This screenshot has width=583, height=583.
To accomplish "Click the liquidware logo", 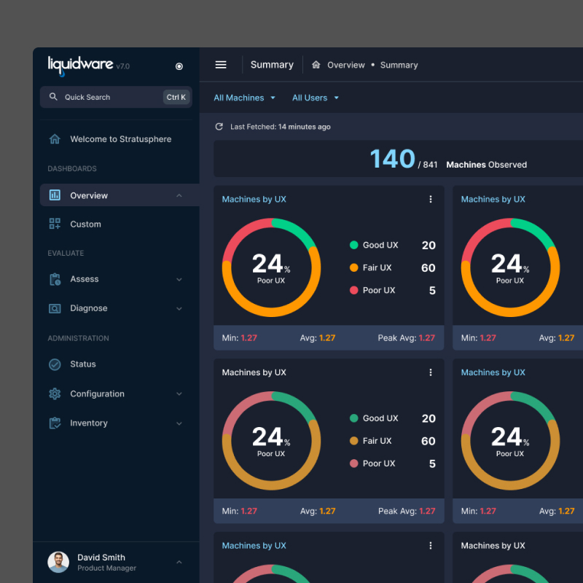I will coord(80,65).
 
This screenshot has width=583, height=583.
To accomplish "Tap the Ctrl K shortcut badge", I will coord(176,97).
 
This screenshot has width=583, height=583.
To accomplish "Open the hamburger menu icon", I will coord(221,65).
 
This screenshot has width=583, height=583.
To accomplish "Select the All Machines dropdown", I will coord(245,98).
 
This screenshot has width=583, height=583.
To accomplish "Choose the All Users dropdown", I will coord(315,98).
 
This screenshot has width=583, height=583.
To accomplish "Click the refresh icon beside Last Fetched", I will coord(219,127).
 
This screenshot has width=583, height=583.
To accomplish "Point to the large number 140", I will coord(392,159).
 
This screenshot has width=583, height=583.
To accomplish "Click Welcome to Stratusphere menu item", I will coord(120,139).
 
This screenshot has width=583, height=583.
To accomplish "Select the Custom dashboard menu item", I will coord(85,224).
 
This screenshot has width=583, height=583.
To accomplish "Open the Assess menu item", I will coord(85,279).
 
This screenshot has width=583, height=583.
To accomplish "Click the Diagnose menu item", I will coord(88,308).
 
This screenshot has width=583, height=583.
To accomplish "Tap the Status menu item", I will coord(83,364).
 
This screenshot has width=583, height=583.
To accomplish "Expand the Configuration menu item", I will coord(97,394).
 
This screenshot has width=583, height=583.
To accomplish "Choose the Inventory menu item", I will coord(88,423).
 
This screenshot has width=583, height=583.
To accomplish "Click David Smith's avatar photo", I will coord(58,562).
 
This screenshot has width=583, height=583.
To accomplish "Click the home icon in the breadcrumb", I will coord(316,65).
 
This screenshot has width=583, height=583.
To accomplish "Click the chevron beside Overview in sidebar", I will coord(179,195).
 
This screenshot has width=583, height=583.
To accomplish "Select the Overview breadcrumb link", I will coord(345,65).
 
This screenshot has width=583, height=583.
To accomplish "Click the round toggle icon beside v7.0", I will coord(179,66).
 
